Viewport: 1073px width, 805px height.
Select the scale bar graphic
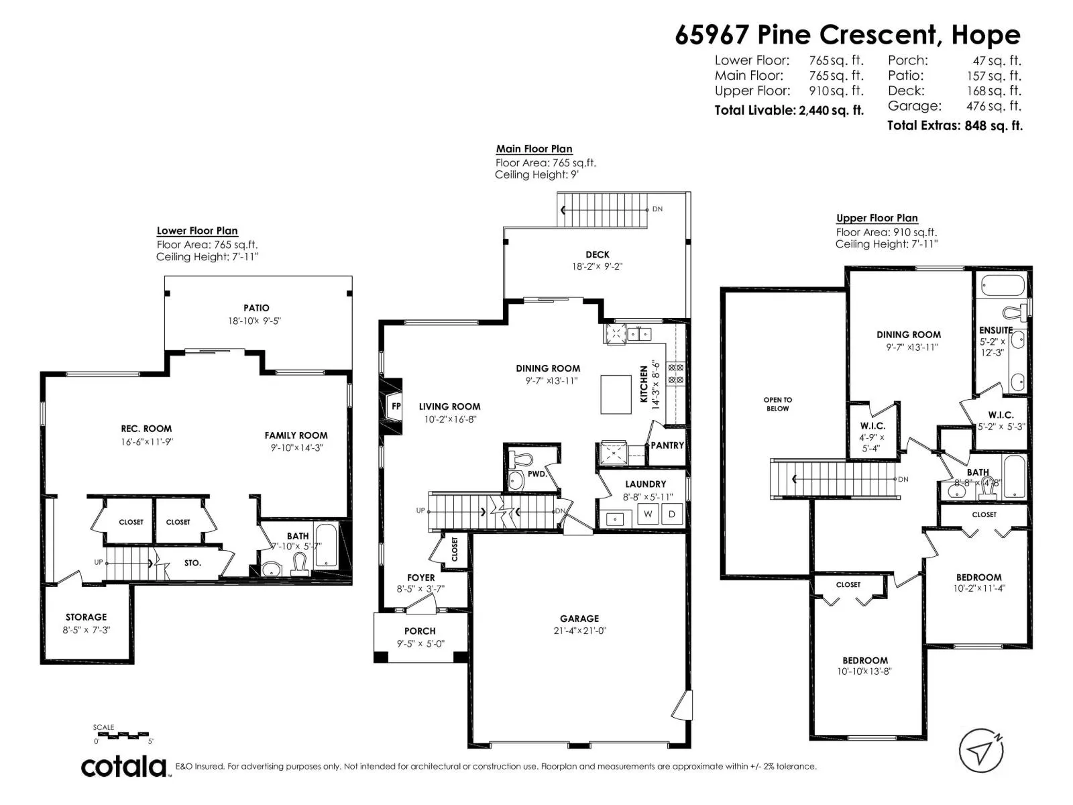pyautogui.click(x=121, y=734)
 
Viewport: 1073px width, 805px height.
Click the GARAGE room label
pyautogui.click(x=579, y=619)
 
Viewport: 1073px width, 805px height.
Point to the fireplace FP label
pyautogui.click(x=396, y=406)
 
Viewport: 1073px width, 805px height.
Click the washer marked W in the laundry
pyautogui.click(x=648, y=514)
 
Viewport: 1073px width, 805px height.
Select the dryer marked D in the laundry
pyautogui.click(x=672, y=514)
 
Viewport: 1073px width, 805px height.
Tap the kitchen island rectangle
pyautogui.click(x=616, y=394)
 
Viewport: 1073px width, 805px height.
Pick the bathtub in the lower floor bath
pyautogui.click(x=325, y=545)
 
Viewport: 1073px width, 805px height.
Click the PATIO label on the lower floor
pyautogui.click(x=256, y=308)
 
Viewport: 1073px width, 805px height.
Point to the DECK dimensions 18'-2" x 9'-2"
pyautogui.click(x=598, y=266)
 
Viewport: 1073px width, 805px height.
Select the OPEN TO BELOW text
pyautogui.click(x=778, y=405)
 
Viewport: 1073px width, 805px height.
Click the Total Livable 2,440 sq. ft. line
pyautogui.click(x=789, y=111)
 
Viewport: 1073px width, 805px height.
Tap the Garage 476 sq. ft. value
pyautogui.click(x=994, y=105)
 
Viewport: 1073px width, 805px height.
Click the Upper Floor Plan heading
pyautogui.click(x=877, y=218)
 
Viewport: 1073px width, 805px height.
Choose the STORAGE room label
pyautogui.click(x=86, y=617)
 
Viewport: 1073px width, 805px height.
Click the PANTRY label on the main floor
pyautogui.click(x=667, y=445)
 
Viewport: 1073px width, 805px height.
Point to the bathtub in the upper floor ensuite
pyautogui.click(x=1003, y=286)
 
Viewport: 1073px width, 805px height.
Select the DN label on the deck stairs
pyautogui.click(x=657, y=209)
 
